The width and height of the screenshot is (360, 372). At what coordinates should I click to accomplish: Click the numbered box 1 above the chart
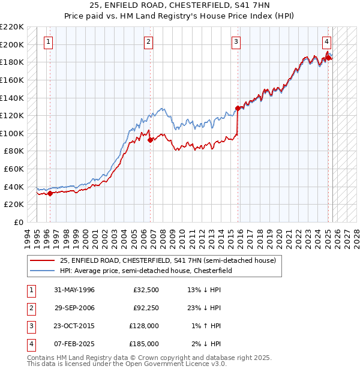point(47,42)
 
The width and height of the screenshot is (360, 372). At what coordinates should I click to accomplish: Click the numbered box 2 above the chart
point(148,42)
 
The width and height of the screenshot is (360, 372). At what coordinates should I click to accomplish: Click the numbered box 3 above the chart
point(236,42)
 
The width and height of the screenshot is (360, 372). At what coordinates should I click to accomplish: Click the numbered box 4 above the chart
point(326,42)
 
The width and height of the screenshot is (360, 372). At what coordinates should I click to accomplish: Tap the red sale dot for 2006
point(150,140)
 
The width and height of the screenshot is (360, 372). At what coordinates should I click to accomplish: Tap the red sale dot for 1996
point(50,193)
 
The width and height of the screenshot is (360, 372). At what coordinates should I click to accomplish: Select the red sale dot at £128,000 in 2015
point(238,109)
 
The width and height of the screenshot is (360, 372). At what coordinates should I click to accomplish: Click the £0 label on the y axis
point(18,222)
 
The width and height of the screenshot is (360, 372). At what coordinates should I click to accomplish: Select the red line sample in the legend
point(43,261)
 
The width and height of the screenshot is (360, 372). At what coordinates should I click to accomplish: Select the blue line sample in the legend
point(43,271)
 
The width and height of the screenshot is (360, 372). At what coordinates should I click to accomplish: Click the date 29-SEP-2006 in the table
point(74,308)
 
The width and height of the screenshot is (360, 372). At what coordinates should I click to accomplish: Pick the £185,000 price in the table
point(144,344)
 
